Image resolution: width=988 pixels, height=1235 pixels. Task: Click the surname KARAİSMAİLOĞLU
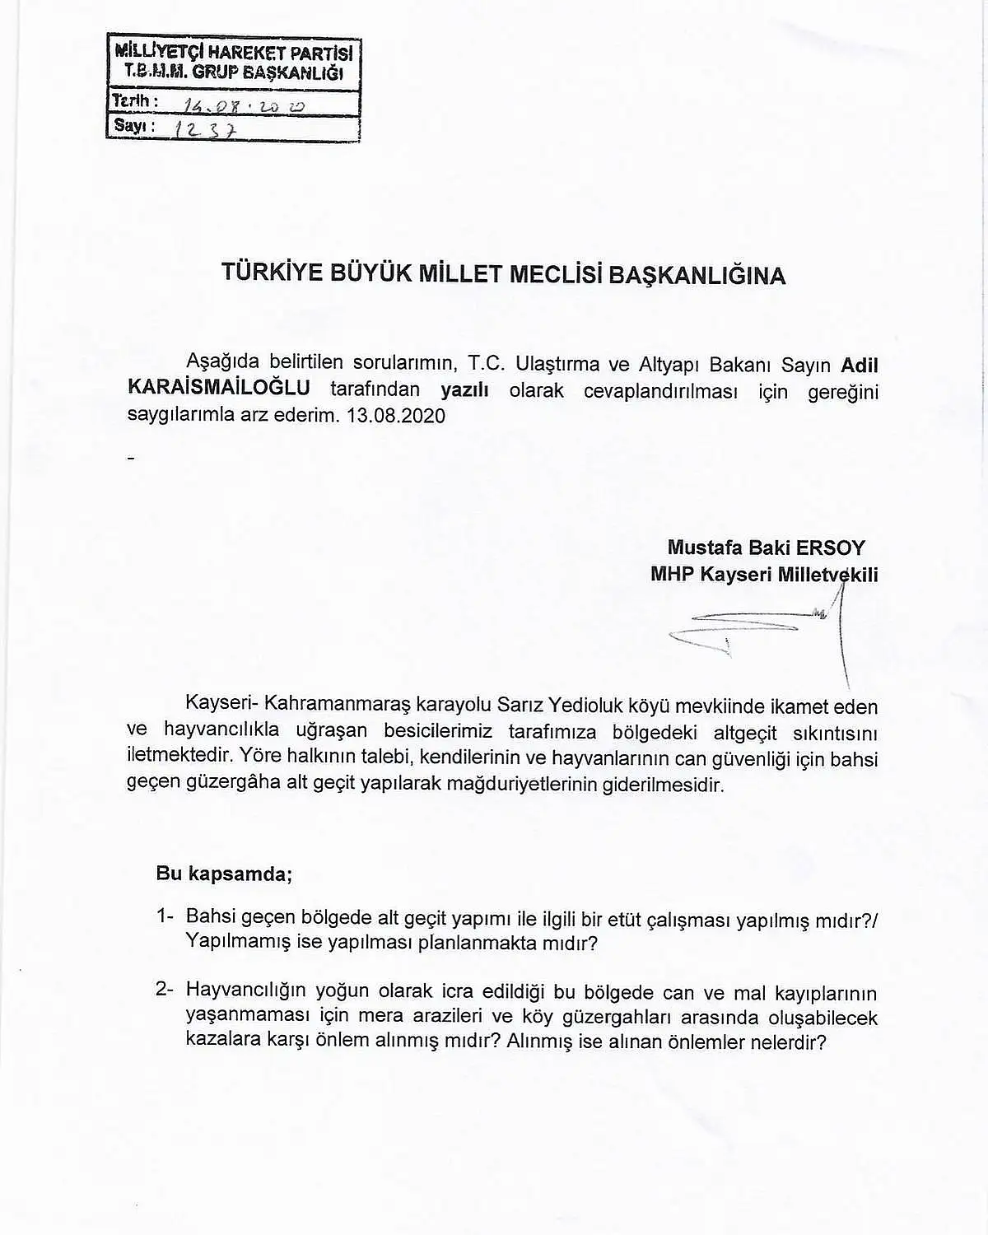tap(219, 389)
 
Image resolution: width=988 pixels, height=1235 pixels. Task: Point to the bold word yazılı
tap(464, 389)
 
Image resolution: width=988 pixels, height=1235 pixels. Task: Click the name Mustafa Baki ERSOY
tap(766, 548)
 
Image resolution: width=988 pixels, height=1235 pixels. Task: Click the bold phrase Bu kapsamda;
tap(224, 874)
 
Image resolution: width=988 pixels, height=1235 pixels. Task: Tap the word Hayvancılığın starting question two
tap(245, 991)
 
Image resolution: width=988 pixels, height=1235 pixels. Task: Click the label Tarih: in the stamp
tap(130, 100)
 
